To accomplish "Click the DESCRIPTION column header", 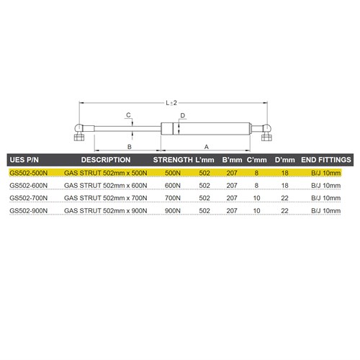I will (x=104, y=159).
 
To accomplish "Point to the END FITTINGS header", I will (x=325, y=159).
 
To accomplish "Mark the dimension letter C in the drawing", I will (x=129, y=115).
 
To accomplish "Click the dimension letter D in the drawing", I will (x=184, y=115).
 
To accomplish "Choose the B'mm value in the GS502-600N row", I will (x=232, y=185).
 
